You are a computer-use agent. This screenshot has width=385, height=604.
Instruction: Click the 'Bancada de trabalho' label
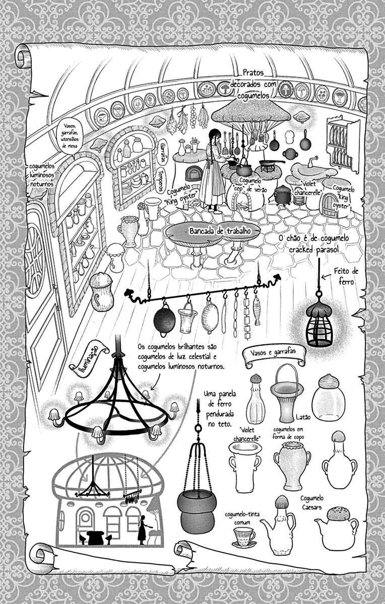pos(220,231)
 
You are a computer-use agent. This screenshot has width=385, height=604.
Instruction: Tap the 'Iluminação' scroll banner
pos(89,357)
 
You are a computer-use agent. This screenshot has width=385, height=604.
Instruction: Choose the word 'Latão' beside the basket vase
pos(303,417)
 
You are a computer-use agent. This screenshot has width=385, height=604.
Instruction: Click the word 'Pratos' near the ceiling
pos(252,72)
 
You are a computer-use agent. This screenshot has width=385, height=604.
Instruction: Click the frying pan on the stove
pos(270,163)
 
